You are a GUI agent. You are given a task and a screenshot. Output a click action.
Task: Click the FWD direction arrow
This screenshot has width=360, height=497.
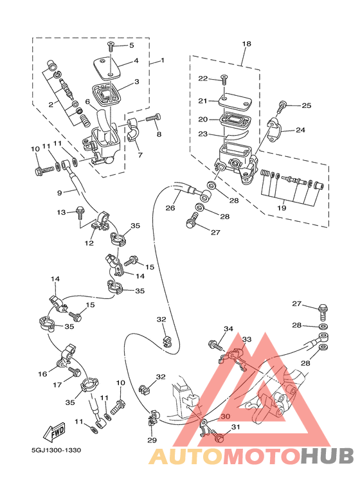[54, 433]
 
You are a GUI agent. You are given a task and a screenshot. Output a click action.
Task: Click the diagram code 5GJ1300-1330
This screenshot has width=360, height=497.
[56, 450]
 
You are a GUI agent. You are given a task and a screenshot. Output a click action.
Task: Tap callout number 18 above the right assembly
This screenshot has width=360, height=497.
[246, 44]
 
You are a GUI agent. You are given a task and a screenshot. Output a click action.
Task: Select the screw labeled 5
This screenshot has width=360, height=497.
[111, 46]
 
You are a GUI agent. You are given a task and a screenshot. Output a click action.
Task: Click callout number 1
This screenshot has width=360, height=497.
[163, 60]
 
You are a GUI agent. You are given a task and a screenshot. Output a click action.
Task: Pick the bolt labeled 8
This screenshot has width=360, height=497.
[154, 118]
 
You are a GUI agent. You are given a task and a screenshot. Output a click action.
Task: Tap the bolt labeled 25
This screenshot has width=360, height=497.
[281, 107]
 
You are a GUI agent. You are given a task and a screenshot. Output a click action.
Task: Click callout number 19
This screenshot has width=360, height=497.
[282, 208]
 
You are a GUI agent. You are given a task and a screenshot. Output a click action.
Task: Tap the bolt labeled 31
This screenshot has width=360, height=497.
[217, 436]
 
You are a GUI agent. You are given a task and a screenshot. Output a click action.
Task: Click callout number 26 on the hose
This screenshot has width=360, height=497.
[170, 208]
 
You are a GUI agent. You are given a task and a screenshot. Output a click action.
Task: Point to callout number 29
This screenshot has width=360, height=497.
[152, 440]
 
